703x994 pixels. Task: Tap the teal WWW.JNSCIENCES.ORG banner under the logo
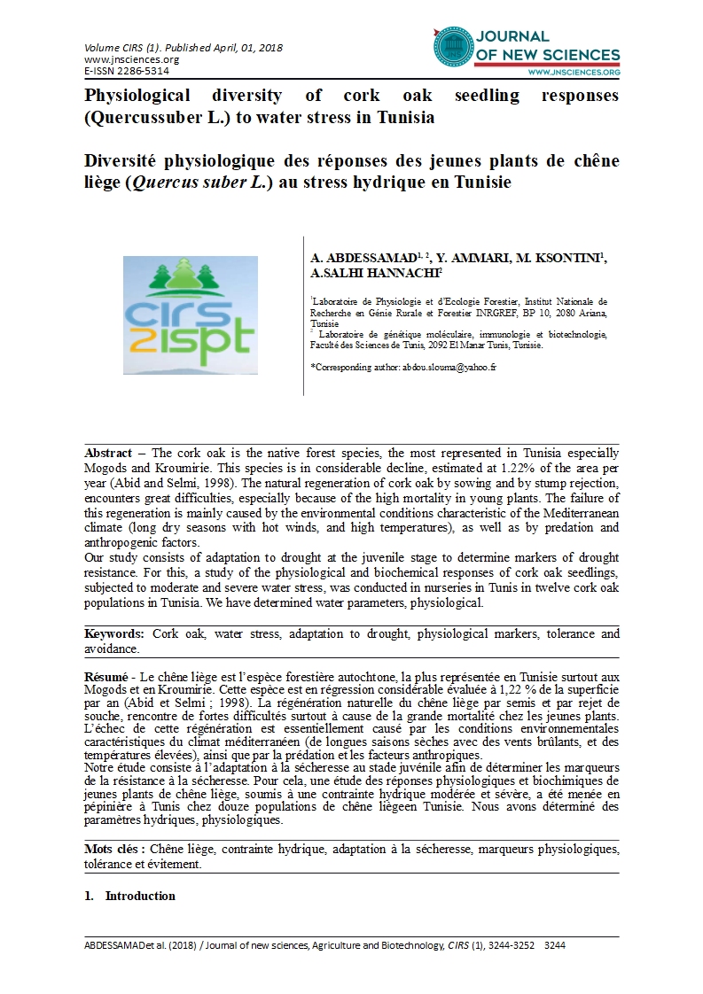(573, 72)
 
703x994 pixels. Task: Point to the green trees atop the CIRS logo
(191, 277)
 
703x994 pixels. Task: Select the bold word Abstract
(108, 453)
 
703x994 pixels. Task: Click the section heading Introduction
(140, 896)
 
